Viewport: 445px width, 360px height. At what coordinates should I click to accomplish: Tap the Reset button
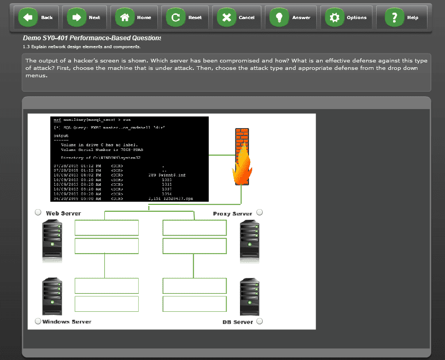click(185, 17)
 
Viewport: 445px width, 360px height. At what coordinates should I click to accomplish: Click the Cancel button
click(237, 17)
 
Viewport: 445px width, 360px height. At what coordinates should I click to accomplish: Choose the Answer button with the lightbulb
click(290, 17)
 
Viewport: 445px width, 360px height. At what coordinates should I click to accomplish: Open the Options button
click(347, 17)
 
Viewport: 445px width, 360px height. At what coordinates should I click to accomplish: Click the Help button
click(403, 17)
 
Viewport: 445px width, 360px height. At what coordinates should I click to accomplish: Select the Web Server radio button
click(38, 213)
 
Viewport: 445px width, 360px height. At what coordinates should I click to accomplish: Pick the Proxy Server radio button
click(260, 213)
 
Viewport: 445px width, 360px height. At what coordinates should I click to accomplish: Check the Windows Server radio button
click(38, 321)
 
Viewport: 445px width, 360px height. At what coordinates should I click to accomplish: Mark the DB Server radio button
click(260, 321)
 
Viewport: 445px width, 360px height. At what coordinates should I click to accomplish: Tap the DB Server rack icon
click(250, 297)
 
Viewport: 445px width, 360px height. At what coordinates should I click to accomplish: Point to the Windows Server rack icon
click(52, 297)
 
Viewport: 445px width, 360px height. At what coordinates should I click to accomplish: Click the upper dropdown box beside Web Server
click(106, 228)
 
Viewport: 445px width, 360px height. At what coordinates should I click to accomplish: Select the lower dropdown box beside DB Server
click(194, 304)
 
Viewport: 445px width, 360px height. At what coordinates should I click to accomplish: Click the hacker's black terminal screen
click(129, 159)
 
